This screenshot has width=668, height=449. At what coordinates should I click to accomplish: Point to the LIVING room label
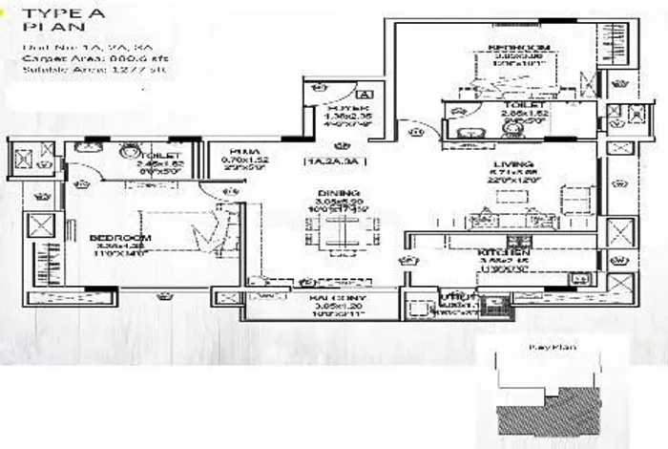(x=507, y=163)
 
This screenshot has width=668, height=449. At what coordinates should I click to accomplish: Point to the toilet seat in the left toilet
(x=129, y=151)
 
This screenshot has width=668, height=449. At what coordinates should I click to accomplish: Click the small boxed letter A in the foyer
(x=364, y=94)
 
